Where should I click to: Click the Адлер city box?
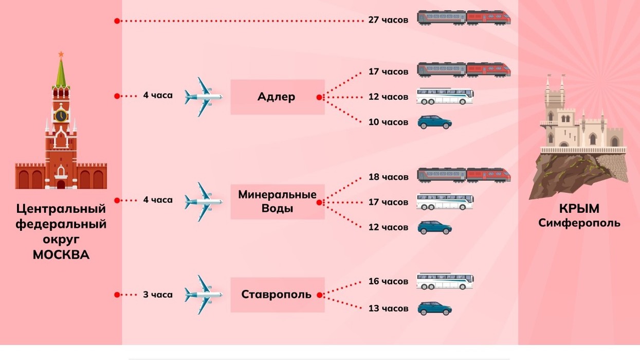point(278,97)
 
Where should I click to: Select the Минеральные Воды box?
point(278,202)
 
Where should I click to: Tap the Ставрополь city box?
point(278,295)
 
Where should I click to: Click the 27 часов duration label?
point(388,20)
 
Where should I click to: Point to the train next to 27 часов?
point(464,18)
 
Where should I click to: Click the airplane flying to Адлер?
point(203,97)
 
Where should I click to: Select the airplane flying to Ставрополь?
point(203,295)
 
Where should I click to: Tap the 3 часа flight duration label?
point(158,295)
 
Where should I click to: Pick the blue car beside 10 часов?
point(434,122)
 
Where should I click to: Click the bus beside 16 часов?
point(445,282)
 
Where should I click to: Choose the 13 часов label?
point(388,309)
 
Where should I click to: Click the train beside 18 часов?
point(464,175)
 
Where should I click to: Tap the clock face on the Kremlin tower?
point(61,116)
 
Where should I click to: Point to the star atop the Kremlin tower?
point(61,54)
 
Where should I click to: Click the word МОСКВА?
point(61,255)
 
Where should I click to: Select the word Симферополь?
point(579,223)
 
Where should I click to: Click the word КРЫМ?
point(579,209)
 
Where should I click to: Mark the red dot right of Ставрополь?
point(319,295)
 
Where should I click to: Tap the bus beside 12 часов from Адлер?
point(445,96)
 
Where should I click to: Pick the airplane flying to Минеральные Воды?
point(203,202)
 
